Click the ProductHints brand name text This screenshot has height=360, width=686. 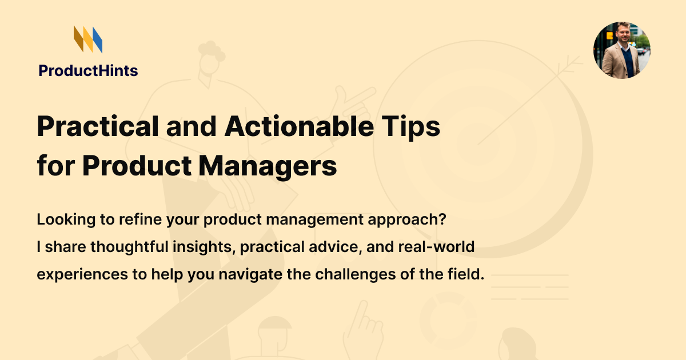coord(88,71)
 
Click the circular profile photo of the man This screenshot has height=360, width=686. coord(621,50)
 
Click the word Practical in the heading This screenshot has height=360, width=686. coord(97,127)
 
